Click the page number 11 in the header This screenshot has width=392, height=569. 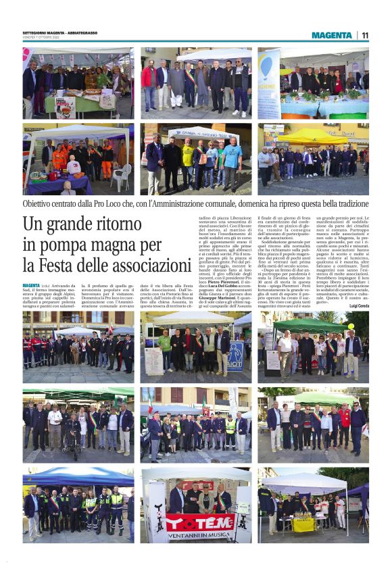364,35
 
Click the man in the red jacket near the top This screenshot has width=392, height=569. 148,78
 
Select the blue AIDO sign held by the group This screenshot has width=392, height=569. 236,355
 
